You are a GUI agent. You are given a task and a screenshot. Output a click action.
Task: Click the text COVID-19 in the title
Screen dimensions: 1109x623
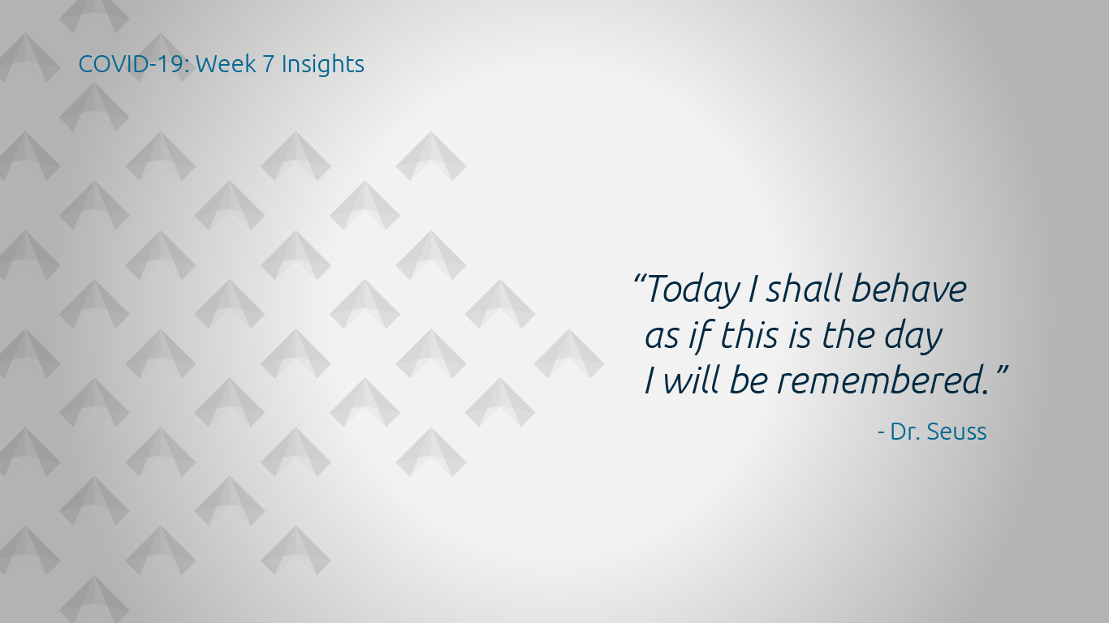(133, 64)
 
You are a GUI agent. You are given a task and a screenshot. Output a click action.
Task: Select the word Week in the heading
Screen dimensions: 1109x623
(227, 64)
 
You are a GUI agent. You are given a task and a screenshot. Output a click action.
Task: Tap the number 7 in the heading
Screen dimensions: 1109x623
(269, 64)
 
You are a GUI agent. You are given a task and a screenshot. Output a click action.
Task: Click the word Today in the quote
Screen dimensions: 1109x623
(693, 290)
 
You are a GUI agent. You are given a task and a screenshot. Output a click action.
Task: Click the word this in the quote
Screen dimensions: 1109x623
(749, 334)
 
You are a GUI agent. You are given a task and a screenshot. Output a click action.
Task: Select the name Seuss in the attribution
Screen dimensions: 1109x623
(956, 432)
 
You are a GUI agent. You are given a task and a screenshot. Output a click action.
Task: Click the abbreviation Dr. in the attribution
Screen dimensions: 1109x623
(905, 432)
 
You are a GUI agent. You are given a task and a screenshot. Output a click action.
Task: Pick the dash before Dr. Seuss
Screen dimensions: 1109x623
(881, 433)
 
